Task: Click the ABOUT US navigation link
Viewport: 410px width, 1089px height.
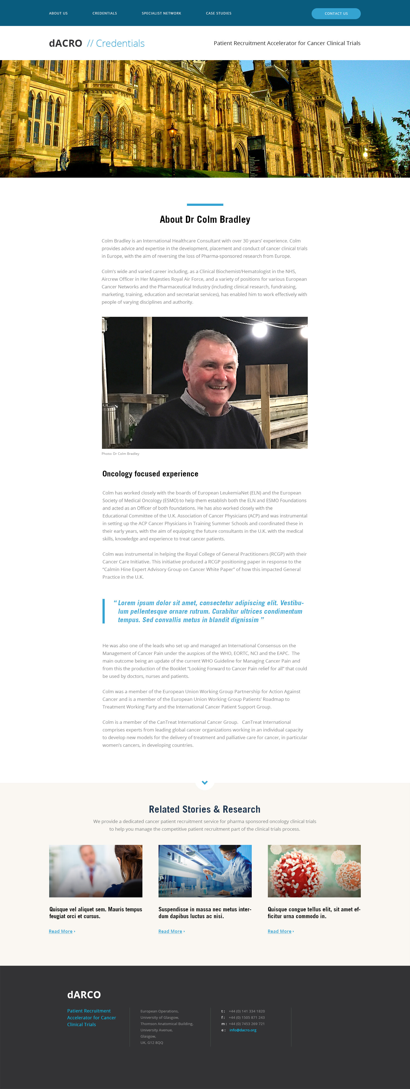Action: tap(58, 13)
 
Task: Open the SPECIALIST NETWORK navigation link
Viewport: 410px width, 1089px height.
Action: tap(162, 13)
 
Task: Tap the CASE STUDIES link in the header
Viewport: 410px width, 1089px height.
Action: tap(218, 13)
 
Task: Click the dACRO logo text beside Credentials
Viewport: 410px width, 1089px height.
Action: tap(66, 43)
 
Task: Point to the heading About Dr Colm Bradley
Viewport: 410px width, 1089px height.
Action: tap(205, 219)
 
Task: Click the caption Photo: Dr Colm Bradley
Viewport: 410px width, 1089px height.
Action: tap(121, 453)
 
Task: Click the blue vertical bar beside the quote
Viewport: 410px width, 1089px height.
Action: tap(104, 611)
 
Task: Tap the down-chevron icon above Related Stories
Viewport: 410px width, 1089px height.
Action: tap(205, 783)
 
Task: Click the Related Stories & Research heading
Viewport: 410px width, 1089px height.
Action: tap(204, 809)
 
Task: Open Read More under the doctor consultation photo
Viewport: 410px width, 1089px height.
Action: tap(61, 931)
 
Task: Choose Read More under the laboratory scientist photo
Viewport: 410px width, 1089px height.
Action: tap(170, 931)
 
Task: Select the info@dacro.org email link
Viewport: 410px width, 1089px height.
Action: tap(243, 1030)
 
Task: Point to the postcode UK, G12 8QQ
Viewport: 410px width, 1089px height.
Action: tap(152, 1043)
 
